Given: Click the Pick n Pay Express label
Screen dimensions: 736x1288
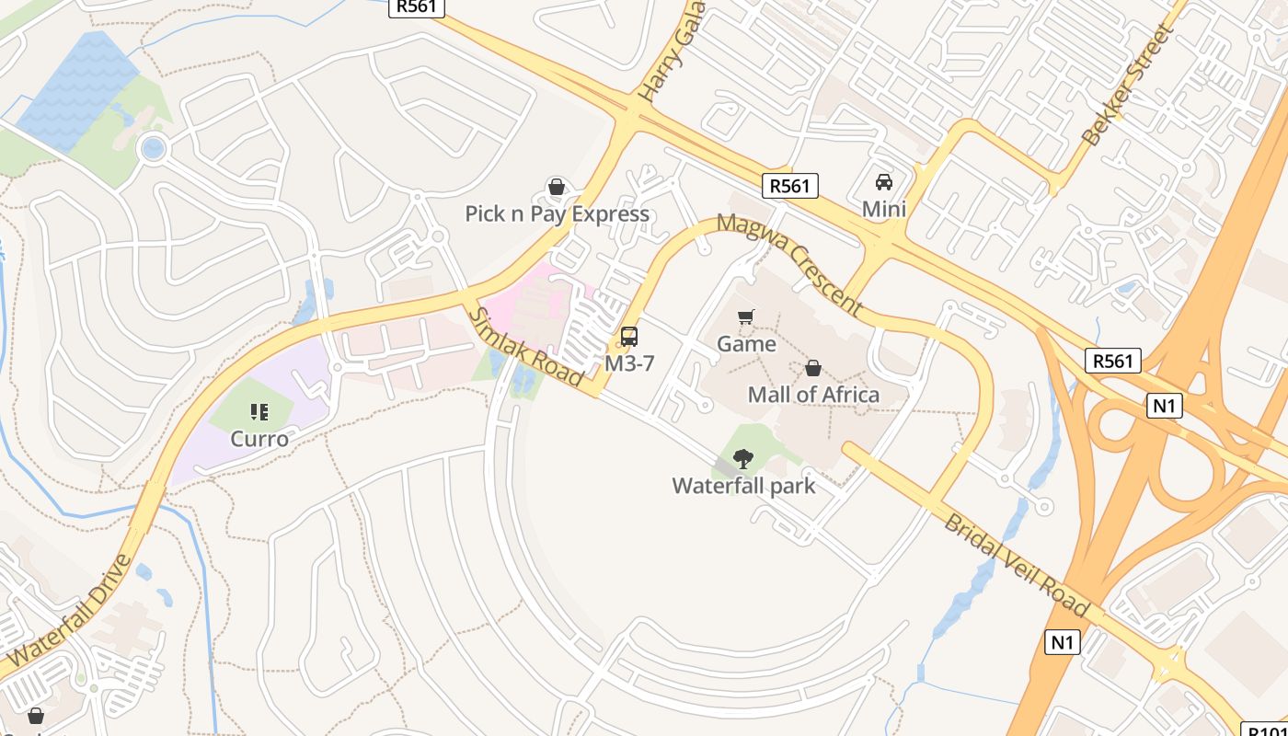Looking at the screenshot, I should point(557,214).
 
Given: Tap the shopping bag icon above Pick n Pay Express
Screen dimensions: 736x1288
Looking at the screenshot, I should point(556,188).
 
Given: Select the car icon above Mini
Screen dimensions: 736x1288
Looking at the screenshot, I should point(884,182).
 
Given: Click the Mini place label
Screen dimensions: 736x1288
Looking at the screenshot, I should point(884,210).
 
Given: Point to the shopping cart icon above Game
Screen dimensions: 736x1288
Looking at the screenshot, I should point(746,317).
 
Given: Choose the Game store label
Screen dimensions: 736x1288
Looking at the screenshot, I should point(746,344).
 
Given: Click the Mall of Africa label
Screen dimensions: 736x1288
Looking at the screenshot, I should point(813,395).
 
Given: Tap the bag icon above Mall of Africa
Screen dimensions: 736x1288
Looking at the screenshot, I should point(813,369).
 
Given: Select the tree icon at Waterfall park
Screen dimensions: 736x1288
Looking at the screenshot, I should point(743,458).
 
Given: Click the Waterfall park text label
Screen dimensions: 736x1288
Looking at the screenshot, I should point(743,486).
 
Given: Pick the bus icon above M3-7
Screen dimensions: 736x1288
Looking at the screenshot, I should point(629,337).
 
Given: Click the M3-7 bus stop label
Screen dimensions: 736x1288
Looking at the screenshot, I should point(629,363).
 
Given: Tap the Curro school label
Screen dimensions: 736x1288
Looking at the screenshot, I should point(259,439).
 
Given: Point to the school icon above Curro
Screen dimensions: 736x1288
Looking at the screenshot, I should point(259,412).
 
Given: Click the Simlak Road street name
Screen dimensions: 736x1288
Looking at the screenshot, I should point(526,346).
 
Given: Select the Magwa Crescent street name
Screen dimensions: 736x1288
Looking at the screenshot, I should point(788,264).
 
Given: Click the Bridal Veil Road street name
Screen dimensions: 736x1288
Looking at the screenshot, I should point(1017,566).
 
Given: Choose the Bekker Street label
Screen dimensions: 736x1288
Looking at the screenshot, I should point(1128,86).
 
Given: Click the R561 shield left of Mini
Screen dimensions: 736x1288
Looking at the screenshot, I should point(790,186).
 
